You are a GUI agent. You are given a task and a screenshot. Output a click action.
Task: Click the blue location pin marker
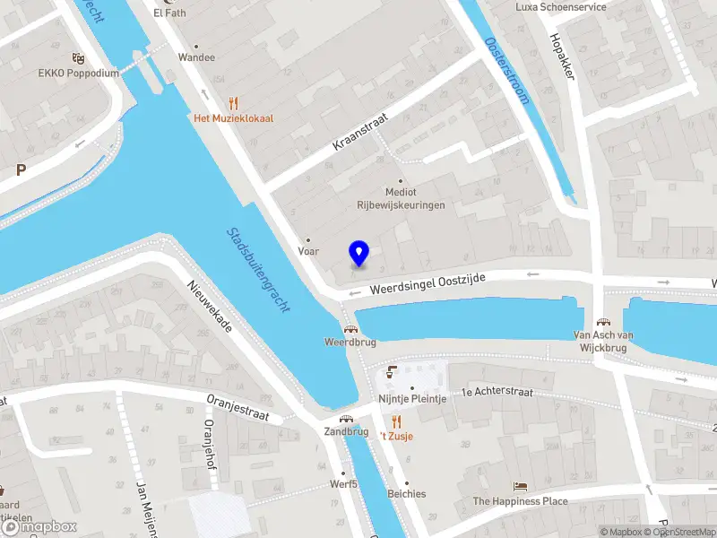359,254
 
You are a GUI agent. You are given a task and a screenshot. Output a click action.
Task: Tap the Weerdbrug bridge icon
348,328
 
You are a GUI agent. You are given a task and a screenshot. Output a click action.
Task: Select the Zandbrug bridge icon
346,418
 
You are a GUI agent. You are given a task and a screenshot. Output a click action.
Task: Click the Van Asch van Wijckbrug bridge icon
604,322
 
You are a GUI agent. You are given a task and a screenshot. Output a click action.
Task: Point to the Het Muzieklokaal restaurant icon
233,103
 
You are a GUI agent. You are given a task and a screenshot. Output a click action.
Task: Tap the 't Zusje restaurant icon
395,421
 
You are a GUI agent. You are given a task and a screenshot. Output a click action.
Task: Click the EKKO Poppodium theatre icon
78,58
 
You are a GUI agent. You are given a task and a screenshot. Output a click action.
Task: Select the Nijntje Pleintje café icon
390,372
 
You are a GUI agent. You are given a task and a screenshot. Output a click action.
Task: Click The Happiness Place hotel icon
520,486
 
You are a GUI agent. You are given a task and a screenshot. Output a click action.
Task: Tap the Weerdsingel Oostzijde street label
428,285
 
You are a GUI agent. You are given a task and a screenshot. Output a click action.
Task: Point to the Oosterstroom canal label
507,70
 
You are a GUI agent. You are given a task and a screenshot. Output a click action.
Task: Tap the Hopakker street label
562,56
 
